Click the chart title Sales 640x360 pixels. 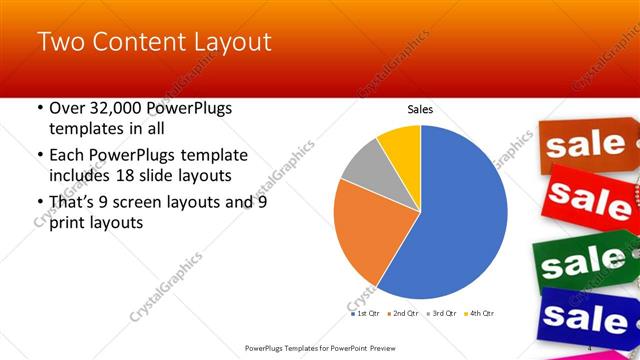[x=419, y=110]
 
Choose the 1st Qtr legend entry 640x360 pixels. [x=365, y=313]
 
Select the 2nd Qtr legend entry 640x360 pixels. [x=403, y=313]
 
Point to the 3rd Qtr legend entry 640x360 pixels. [x=441, y=313]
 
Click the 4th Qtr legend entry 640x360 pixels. [x=479, y=313]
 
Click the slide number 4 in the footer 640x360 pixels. [x=590, y=347]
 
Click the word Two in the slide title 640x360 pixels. [x=60, y=42]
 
